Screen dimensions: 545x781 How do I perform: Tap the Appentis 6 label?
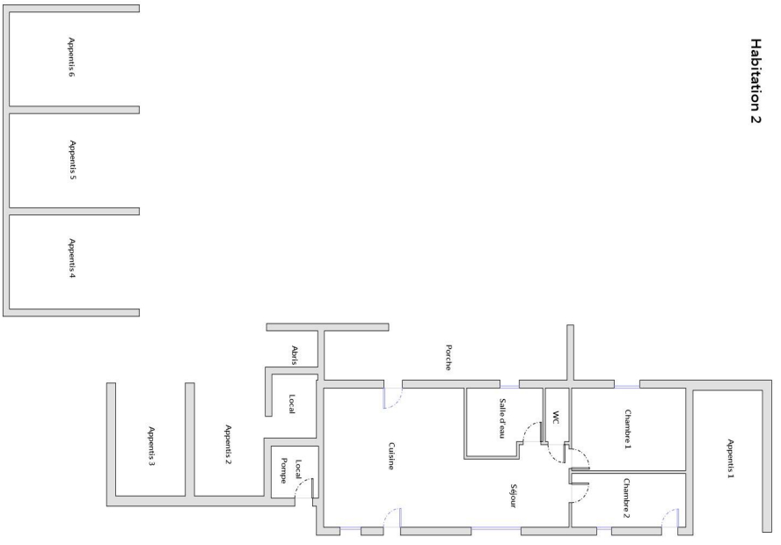click(71, 58)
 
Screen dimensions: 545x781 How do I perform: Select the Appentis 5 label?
click(71, 160)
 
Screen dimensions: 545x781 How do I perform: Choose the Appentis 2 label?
click(228, 443)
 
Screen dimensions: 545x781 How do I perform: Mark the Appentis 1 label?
click(729, 457)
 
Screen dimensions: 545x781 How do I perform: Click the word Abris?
click(295, 354)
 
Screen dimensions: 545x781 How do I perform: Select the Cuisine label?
click(390, 455)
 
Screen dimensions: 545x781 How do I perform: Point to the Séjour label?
click(512, 495)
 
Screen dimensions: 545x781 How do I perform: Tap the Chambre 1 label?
click(628, 428)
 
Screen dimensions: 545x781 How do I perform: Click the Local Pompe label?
click(290, 473)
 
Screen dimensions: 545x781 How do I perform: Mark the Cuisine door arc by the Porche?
click(394, 401)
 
